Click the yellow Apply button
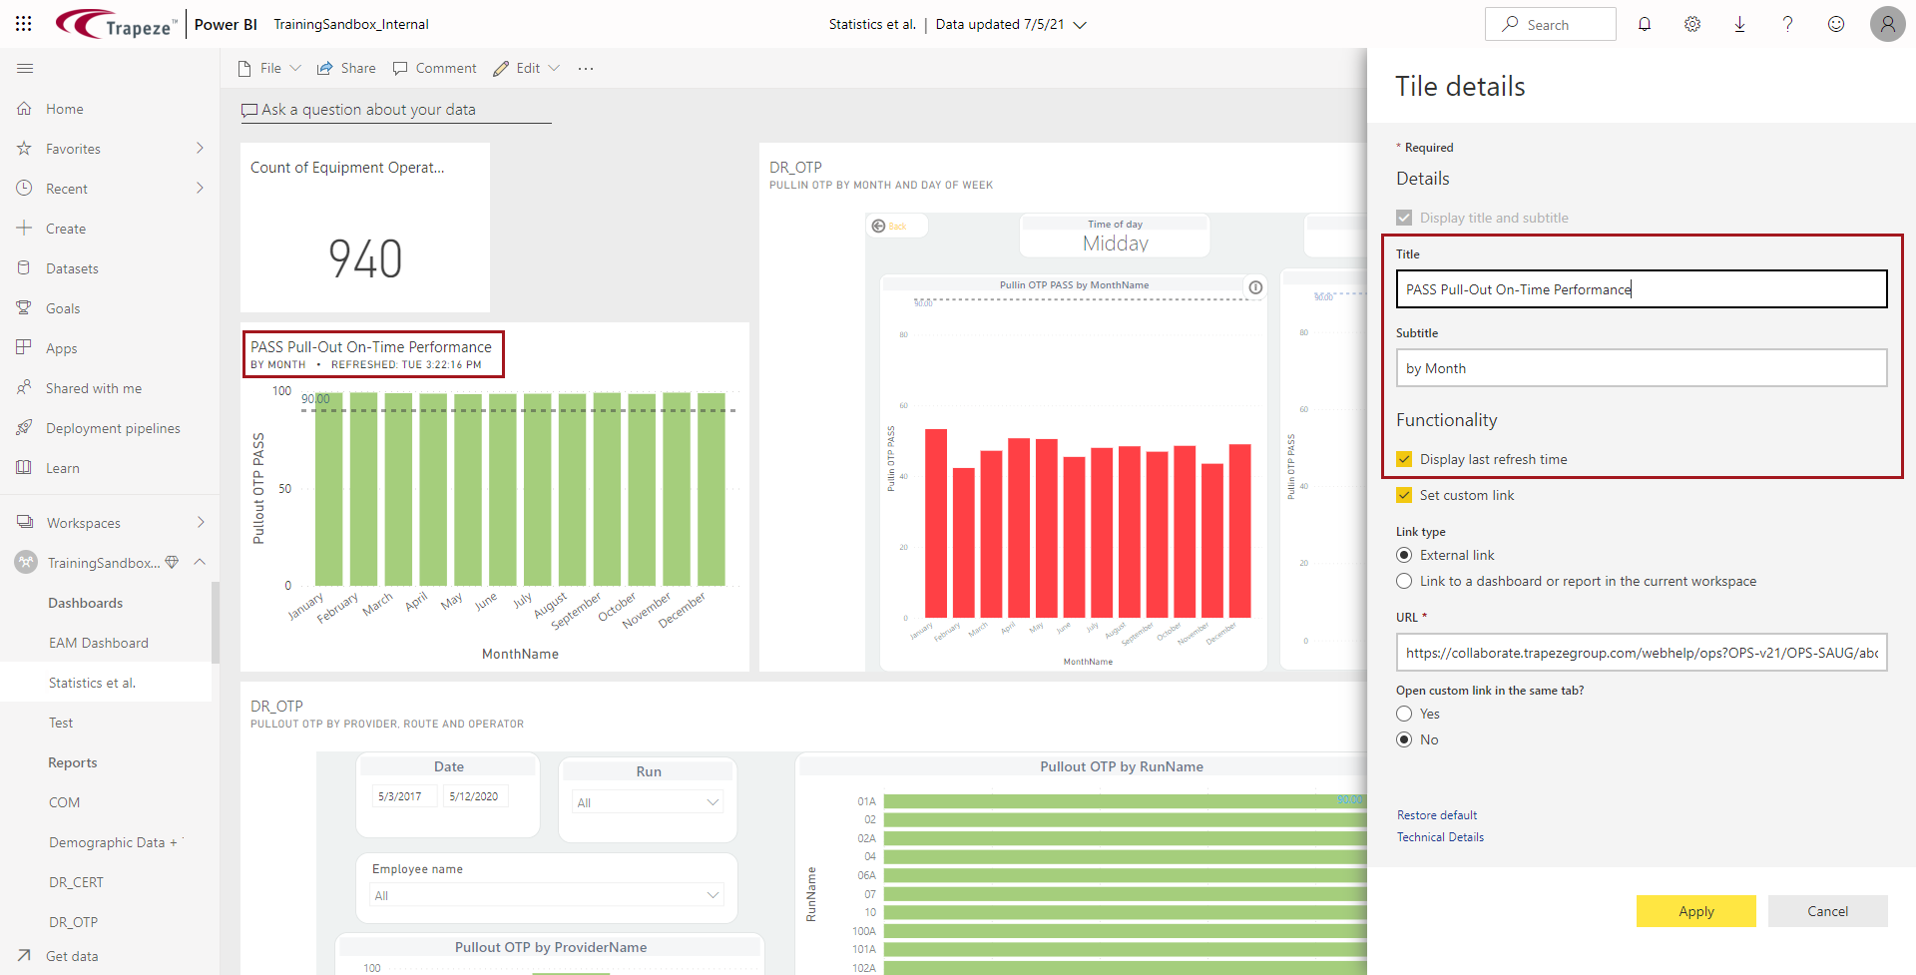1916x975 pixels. tap(1695, 911)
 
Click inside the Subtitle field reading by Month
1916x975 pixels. tap(1641, 368)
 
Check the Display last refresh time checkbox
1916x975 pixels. tap(1404, 459)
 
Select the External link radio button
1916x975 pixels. tap(1404, 555)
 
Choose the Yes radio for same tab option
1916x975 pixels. tap(1404, 714)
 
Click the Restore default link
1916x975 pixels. tap(1436, 815)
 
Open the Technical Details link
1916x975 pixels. tap(1439, 837)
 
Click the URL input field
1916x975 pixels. tap(1641, 653)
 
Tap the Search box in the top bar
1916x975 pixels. tap(1550, 24)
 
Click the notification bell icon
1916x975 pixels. tap(1644, 24)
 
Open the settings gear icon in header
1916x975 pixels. tap(1691, 24)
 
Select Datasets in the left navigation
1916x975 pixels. tap(72, 268)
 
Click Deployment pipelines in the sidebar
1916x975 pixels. tap(113, 428)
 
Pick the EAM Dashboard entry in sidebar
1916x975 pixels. tap(98, 643)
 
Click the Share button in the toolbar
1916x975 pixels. tap(346, 68)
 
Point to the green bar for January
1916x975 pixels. tap(328, 489)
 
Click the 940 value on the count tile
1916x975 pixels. tap(365, 258)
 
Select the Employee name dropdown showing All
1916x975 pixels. tap(546, 895)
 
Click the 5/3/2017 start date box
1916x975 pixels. tap(400, 796)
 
